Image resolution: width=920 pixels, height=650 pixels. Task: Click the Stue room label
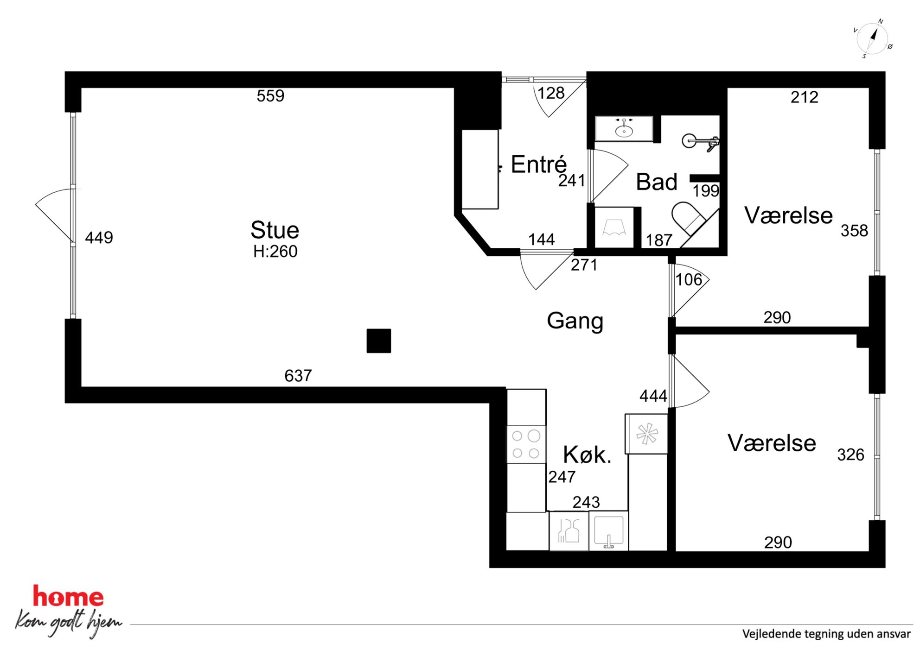(275, 230)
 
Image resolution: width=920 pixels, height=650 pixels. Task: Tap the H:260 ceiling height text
(275, 252)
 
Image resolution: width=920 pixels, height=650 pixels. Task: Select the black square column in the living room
(378, 341)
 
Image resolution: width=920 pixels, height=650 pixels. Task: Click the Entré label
(539, 164)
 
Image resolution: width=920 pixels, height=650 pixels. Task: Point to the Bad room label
(657, 182)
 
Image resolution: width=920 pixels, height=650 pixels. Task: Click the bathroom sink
(624, 128)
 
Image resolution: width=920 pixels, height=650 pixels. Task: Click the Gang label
(575, 321)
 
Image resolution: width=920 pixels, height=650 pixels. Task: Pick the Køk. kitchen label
(587, 455)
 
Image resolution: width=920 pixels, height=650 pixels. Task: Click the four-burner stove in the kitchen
(526, 444)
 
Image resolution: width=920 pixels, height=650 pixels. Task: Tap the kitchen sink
(609, 531)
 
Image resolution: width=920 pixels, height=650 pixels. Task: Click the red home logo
(68, 596)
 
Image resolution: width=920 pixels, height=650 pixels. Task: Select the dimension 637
(298, 376)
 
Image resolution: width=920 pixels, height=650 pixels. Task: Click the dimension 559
(270, 96)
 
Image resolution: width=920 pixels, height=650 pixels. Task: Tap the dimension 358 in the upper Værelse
(854, 231)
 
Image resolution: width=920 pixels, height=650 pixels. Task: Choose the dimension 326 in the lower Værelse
(850, 455)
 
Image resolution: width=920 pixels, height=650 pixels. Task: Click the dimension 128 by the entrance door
(551, 94)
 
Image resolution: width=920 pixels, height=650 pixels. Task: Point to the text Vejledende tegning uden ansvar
(826, 634)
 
